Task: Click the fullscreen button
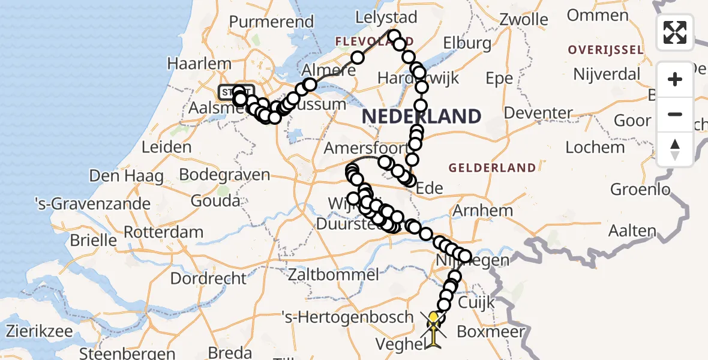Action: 675,32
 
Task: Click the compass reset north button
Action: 675,149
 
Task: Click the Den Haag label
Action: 126,176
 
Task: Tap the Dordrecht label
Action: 208,278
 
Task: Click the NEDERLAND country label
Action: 421,116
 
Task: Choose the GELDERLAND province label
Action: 491,167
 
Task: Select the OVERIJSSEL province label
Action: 605,49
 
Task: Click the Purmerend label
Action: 271,22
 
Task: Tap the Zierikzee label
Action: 40,331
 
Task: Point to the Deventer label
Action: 538,113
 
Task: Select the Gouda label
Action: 215,201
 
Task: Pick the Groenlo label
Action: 640,190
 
